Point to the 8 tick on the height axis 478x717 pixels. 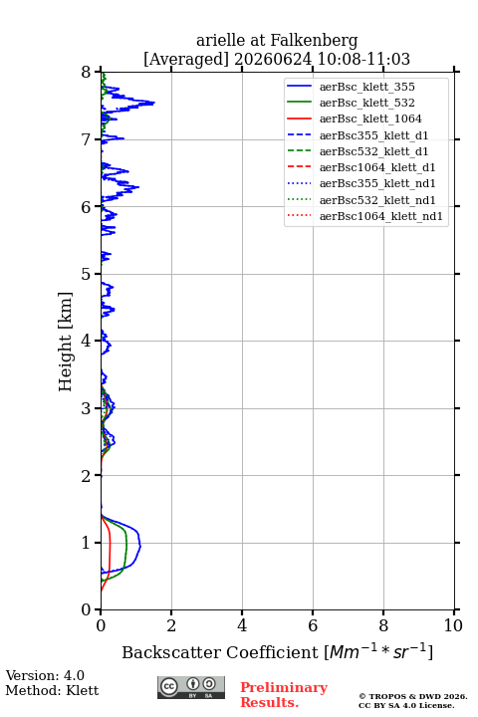pos(98,72)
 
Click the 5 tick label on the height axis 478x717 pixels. pos(86,275)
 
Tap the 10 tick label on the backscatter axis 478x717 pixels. pos(453,625)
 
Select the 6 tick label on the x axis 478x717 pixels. pos(313,625)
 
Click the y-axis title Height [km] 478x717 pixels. pos(65,342)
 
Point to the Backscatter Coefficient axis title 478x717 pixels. pos(277,651)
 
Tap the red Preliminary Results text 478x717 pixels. pos(284,695)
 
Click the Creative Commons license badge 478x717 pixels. pos(191,687)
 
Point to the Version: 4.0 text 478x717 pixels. pos(45,675)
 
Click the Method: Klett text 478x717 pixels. pos(52,690)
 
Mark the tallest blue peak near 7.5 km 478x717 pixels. pos(153,103)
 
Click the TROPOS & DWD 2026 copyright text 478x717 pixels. pos(413,696)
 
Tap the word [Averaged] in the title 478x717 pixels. pos(186,60)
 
